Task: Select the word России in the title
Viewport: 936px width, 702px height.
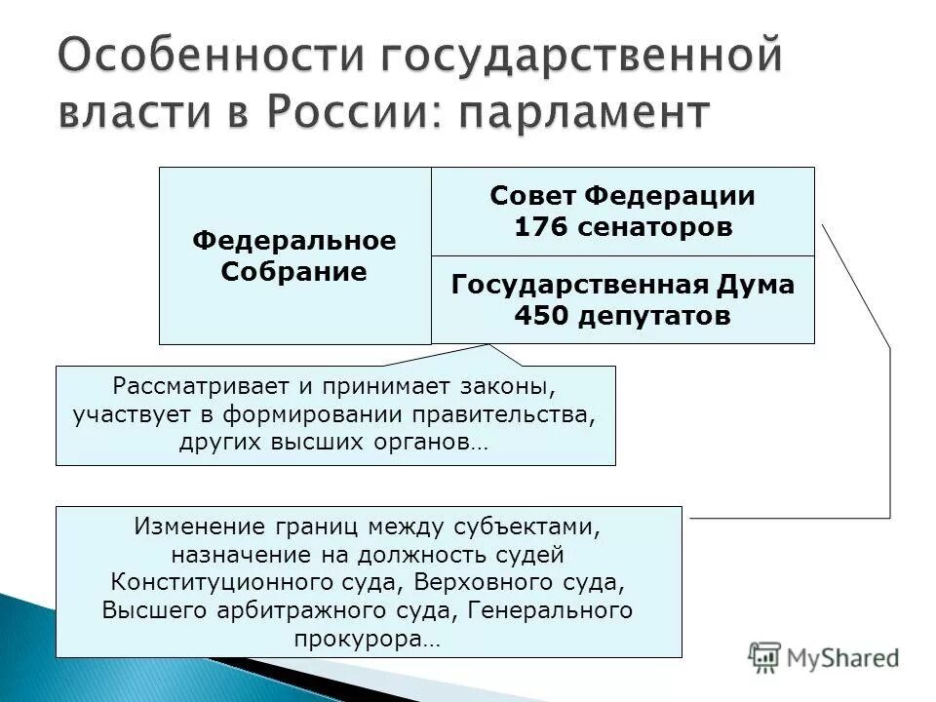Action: (x=346, y=112)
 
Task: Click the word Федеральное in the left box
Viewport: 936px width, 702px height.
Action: (x=293, y=240)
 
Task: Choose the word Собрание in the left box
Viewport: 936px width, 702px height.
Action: (x=293, y=271)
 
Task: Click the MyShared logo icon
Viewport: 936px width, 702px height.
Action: (x=765, y=656)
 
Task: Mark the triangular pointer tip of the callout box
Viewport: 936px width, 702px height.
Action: (x=487, y=344)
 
